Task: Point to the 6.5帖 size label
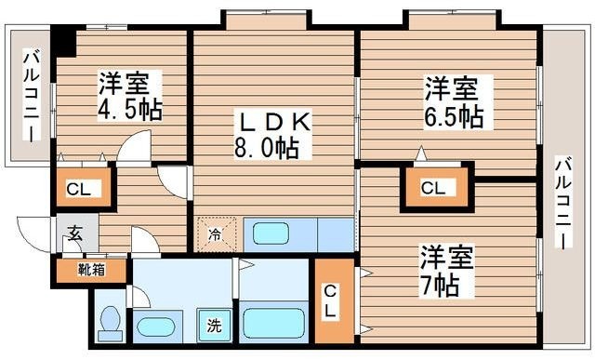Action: [x=453, y=116]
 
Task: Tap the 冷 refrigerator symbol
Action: [x=215, y=233]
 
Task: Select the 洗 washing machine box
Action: [x=214, y=327]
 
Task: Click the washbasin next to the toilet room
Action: [x=158, y=327]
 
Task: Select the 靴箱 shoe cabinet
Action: [x=90, y=271]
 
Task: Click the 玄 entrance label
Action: [x=75, y=235]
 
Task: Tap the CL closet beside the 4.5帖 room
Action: [x=81, y=190]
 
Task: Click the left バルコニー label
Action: [x=29, y=93]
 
